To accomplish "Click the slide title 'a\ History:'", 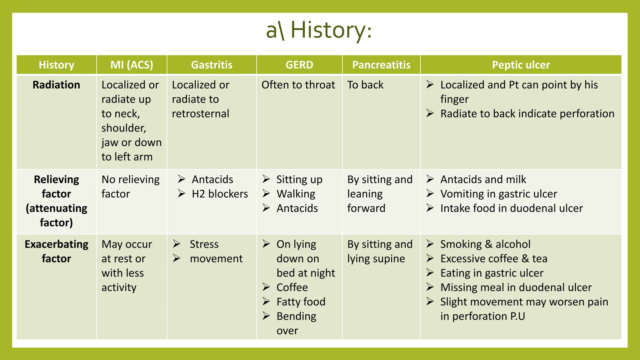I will (319, 31).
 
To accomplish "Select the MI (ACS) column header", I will (132, 65).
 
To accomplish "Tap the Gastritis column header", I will (212, 65).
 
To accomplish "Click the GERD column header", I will (299, 65).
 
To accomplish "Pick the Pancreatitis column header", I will (381, 65).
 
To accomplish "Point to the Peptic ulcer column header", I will (521, 65).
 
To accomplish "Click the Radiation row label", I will (56, 85).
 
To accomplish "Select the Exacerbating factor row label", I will (56, 251).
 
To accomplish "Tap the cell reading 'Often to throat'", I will (298, 85).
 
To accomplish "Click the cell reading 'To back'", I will (365, 85).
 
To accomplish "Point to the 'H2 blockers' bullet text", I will (220, 194).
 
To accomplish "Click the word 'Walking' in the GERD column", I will (296, 194).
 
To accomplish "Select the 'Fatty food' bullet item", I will (301, 302).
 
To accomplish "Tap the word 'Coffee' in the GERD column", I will (292, 287).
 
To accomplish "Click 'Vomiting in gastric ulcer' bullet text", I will (498, 194).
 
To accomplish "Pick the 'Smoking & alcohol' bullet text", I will (485, 244).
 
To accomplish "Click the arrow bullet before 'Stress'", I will (177, 244).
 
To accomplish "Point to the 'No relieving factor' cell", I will (130, 187).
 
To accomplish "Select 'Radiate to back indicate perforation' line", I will (527, 114).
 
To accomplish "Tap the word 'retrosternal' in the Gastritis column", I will (200, 114).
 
